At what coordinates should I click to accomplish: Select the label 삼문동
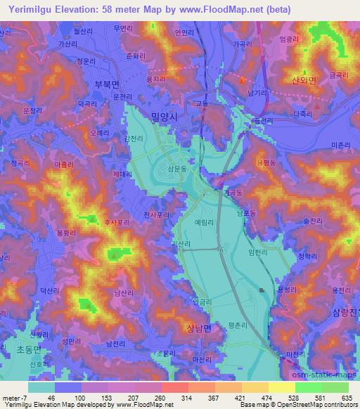[178, 169]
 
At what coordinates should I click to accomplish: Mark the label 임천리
[259, 252]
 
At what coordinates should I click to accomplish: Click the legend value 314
[168, 398]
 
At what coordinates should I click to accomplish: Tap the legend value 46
[52, 398]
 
